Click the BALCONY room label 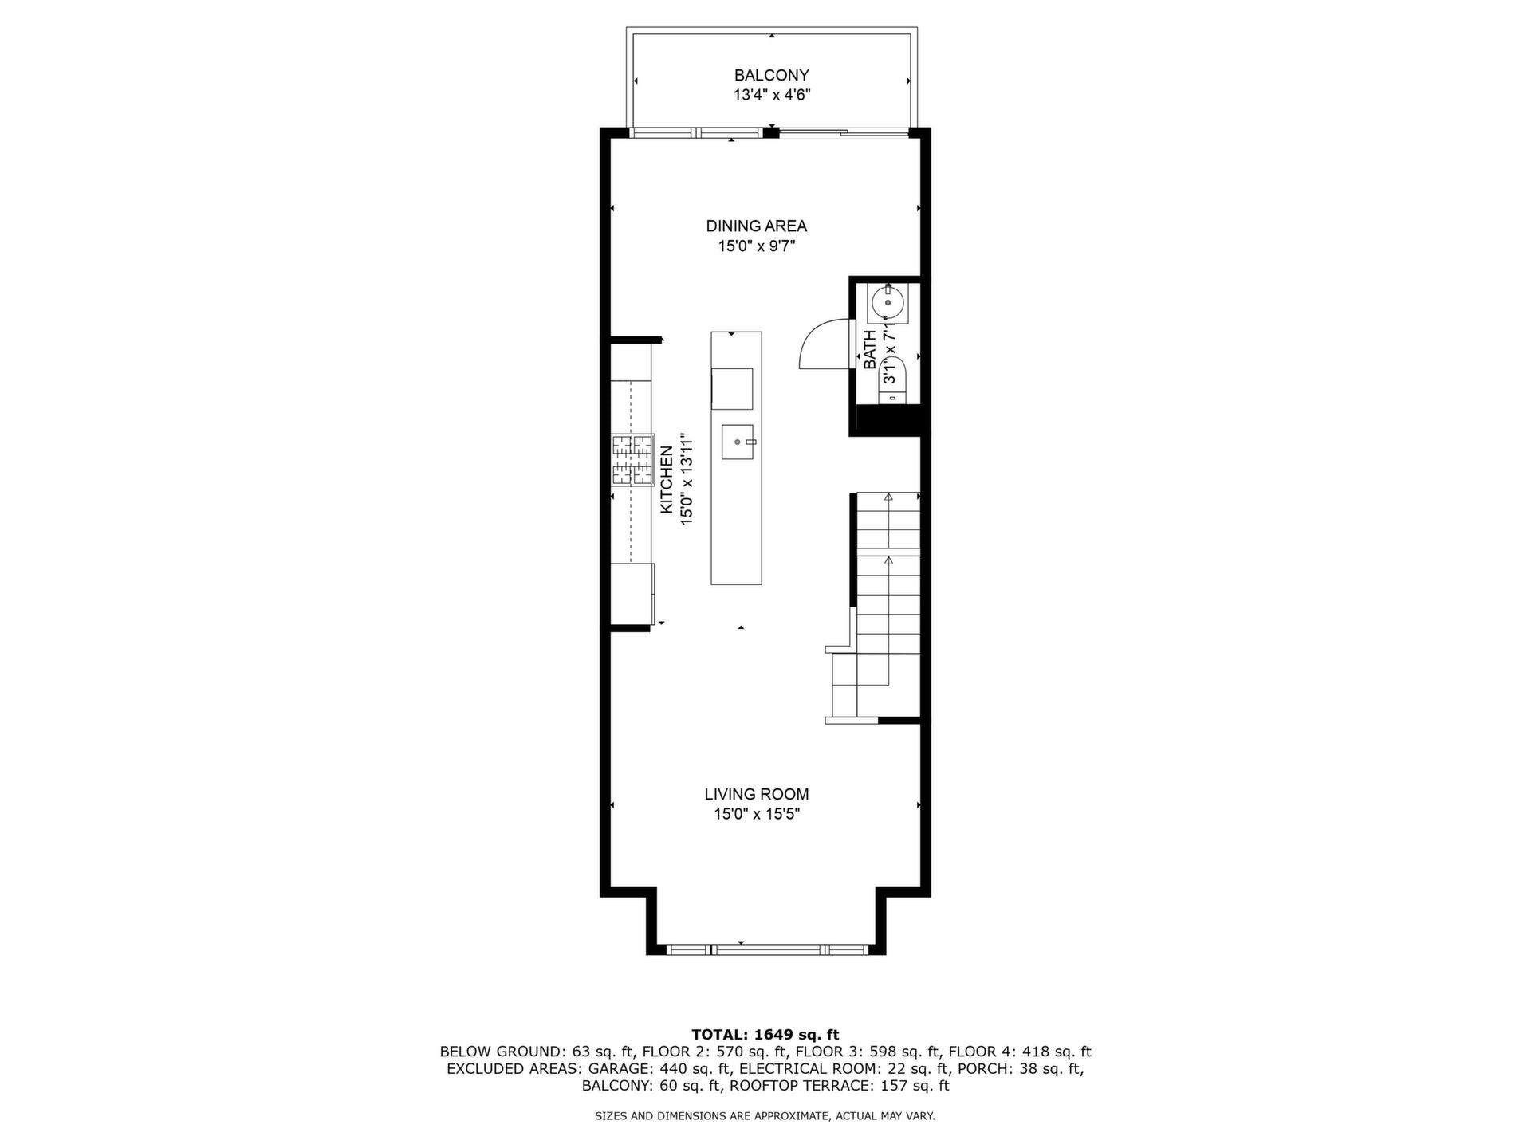771,76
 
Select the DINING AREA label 756,226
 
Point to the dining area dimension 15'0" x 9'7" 756,246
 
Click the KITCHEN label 667,479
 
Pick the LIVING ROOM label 756,795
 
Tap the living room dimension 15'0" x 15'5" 756,815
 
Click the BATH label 870,350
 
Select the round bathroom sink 887,303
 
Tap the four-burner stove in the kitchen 633,460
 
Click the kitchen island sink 738,442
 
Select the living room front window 766,949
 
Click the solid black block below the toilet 889,420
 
